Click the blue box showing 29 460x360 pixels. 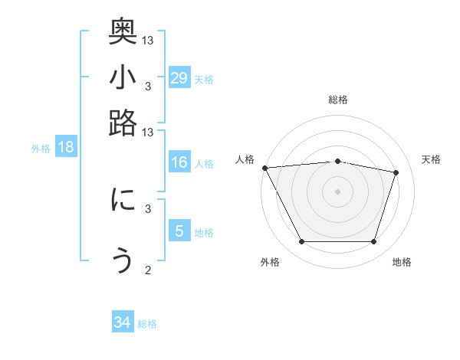179,77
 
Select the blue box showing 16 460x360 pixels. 179,162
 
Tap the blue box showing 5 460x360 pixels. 179,231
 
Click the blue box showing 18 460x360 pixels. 66,147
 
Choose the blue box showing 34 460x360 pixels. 123,322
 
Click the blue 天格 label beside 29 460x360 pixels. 204,79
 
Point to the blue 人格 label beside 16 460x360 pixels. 204,164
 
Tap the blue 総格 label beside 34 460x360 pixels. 147,324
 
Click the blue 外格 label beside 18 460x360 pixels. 40,149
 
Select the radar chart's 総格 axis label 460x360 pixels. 337,100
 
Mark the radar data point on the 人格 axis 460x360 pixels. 264,168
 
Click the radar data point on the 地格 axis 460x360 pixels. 374,242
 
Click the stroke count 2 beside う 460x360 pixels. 148,270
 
